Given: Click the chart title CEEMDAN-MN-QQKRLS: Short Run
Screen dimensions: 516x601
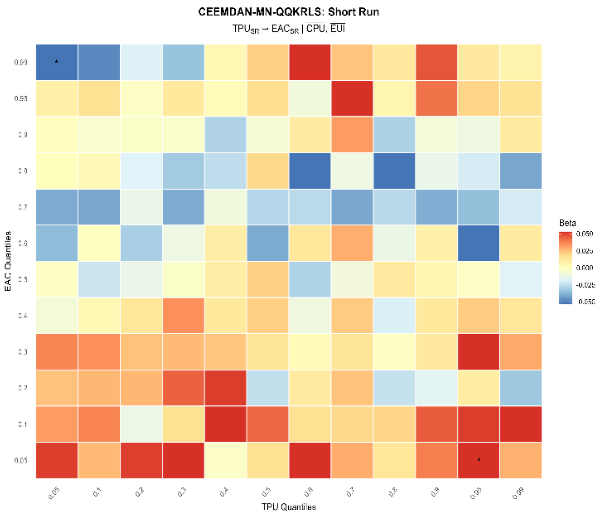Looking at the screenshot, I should (x=289, y=12).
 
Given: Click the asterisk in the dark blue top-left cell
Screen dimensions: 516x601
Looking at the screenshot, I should (x=57, y=61).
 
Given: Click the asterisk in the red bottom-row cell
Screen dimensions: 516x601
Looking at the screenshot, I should (x=479, y=459).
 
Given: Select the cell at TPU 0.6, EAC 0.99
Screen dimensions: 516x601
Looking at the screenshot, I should (x=310, y=62).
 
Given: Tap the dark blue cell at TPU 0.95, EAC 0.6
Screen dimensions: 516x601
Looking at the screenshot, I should (x=478, y=243).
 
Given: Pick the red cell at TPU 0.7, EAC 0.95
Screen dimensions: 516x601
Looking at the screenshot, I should (x=352, y=98).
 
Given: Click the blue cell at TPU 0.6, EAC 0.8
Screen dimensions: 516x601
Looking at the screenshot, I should (x=310, y=171).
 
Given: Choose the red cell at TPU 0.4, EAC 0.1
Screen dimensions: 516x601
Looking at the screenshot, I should (x=225, y=424).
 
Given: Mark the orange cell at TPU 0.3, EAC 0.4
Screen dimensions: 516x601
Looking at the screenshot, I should (x=183, y=316).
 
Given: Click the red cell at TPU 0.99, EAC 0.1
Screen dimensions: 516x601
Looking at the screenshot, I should (x=520, y=424).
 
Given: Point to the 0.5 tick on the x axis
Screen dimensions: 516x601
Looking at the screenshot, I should (x=266, y=492).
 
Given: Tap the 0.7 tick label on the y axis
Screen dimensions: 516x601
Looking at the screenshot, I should (x=22, y=207).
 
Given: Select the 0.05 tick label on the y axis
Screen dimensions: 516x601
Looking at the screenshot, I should (x=21, y=460).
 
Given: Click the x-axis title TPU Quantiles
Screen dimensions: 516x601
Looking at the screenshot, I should (x=289, y=507).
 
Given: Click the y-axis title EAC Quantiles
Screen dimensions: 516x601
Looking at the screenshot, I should (x=8, y=261).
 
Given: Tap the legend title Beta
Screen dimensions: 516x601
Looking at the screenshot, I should (x=567, y=223).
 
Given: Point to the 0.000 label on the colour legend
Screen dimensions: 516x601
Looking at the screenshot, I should (x=585, y=268).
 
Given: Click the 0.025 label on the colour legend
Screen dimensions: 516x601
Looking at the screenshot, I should (x=585, y=251).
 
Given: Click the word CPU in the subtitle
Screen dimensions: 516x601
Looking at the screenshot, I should (x=316, y=29).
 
